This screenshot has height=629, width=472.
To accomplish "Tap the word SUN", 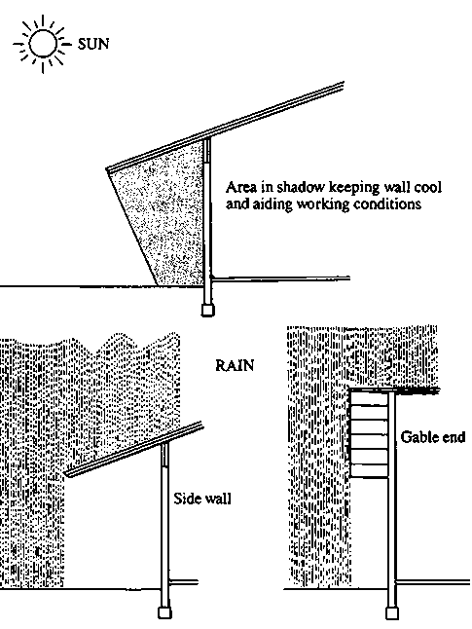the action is pos(93,44).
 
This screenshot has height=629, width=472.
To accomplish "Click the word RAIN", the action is pos(235,365).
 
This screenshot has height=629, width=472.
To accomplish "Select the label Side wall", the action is pos(202,499).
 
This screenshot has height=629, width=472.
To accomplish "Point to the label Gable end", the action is pos(433,436).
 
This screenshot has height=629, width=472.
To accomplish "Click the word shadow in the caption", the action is pos(301,187).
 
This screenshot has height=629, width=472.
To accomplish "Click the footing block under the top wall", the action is pos(207,310).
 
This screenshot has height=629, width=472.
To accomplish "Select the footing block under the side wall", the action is pos(164,613).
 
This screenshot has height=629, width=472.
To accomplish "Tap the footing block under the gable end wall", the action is pos(392,613).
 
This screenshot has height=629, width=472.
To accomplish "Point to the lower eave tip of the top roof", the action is pos(107,169).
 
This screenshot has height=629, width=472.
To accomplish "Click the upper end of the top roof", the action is pos(344,85).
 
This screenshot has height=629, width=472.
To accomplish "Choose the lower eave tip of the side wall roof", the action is pos(66,474).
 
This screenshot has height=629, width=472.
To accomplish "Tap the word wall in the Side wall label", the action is pos(219,499).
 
